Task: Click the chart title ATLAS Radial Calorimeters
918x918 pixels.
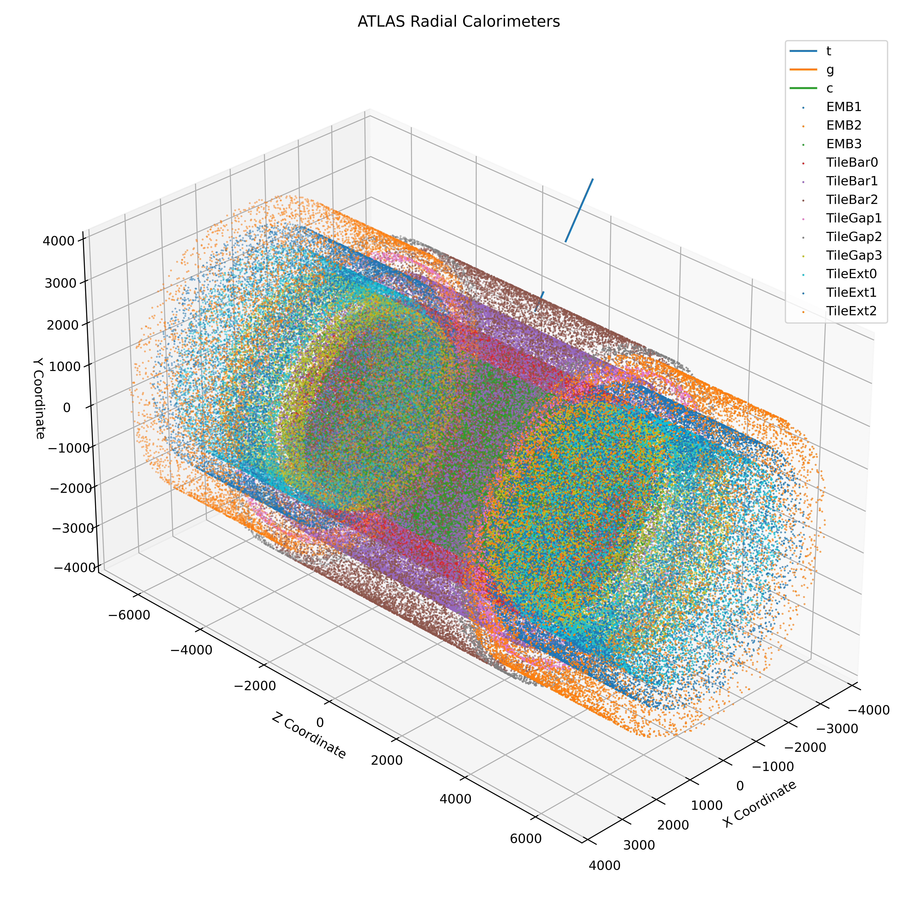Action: coord(458,22)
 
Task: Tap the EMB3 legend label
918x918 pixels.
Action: coord(844,144)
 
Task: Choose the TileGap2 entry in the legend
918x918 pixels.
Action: coord(854,237)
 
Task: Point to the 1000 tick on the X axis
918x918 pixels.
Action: coord(707,805)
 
